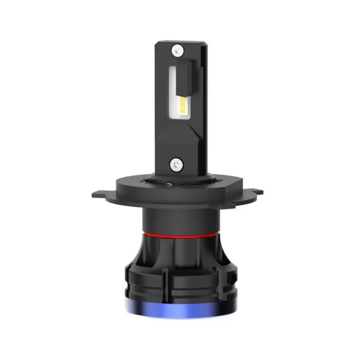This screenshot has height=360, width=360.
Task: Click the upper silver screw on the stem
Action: tap(178, 50)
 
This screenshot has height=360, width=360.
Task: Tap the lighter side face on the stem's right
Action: tap(203, 103)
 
